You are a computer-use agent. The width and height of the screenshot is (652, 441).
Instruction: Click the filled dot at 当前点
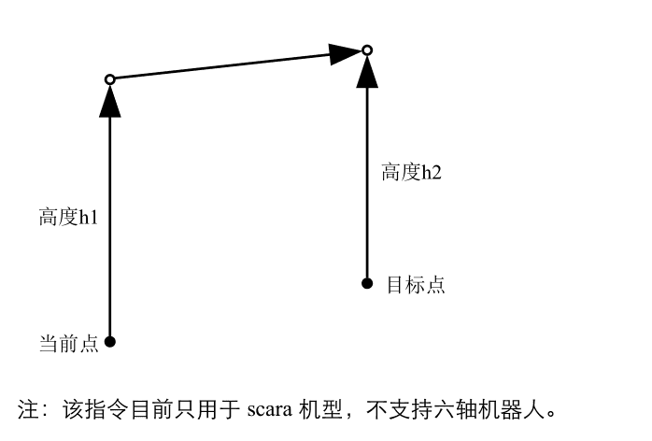(x=110, y=342)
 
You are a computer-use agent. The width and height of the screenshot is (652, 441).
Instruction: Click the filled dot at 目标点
(x=367, y=283)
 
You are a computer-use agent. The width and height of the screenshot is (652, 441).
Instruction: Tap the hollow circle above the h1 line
(x=110, y=79)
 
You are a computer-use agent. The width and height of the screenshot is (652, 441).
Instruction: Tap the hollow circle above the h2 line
(x=367, y=50)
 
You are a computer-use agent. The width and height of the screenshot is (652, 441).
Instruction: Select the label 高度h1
(x=68, y=217)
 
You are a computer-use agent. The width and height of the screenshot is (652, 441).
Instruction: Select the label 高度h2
(x=411, y=172)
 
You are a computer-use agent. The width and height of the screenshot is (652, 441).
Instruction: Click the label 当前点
(x=68, y=344)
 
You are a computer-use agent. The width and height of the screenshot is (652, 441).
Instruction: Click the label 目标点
(x=416, y=285)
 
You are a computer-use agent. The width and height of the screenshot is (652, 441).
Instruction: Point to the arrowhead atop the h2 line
(x=367, y=72)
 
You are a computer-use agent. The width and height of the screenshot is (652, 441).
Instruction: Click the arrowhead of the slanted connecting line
(x=345, y=53)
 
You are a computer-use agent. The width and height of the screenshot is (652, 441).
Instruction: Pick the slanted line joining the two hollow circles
(x=238, y=64)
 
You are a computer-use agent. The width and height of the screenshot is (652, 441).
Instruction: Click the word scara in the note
(x=269, y=410)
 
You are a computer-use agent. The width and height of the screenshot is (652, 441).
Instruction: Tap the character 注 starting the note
(x=28, y=409)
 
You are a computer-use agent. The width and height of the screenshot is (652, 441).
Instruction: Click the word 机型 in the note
(x=320, y=409)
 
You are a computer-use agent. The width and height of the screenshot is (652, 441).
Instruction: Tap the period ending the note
(x=551, y=415)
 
